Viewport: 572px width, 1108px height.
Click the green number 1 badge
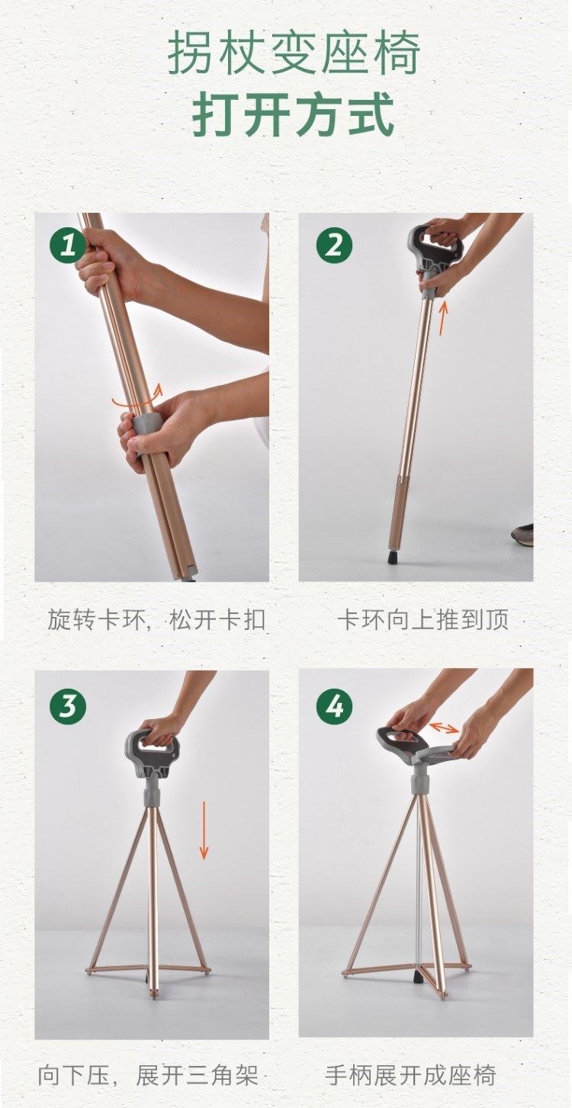[68, 244]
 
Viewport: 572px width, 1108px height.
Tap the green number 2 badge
[335, 244]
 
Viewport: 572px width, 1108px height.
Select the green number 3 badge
[68, 705]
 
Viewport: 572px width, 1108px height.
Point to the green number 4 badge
[335, 705]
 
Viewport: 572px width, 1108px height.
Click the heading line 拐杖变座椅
[294, 52]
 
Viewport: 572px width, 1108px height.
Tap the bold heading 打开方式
[294, 114]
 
